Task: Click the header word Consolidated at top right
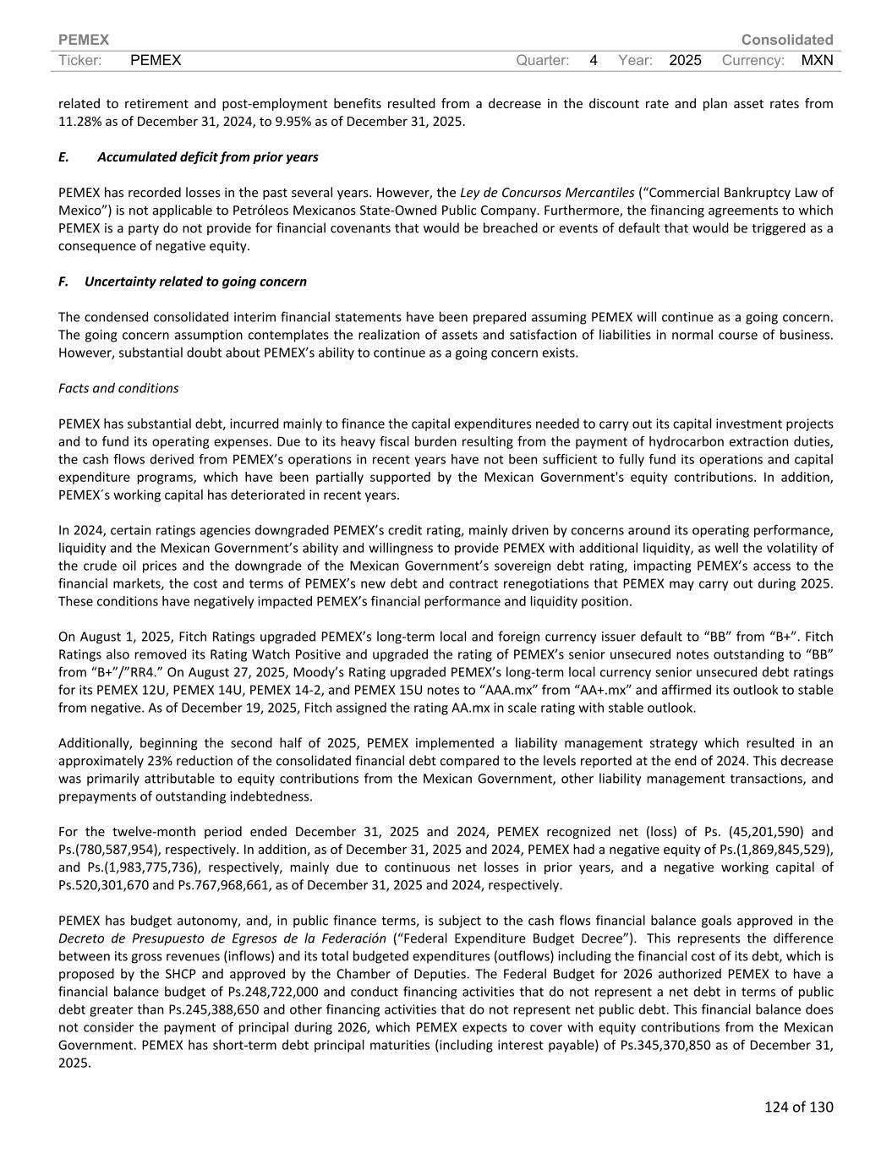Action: (x=786, y=40)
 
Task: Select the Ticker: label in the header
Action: (x=80, y=60)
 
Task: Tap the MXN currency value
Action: (x=817, y=60)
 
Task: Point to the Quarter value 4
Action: (x=594, y=60)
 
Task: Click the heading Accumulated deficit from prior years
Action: (x=207, y=157)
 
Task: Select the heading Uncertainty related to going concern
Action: (x=195, y=282)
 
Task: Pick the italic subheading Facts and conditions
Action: (x=118, y=388)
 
